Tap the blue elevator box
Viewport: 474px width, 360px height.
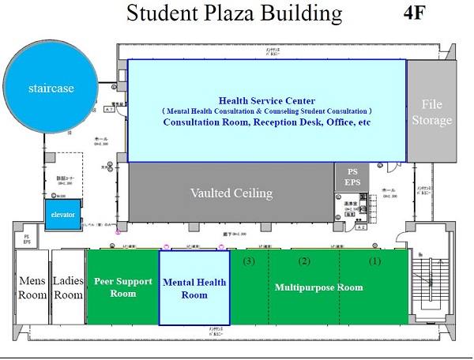click(x=62, y=214)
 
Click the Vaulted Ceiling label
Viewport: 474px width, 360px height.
click(x=231, y=193)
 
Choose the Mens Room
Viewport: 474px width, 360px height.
click(x=32, y=287)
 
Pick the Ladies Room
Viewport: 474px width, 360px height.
click(x=68, y=287)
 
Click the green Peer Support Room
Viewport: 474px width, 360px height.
click(x=122, y=287)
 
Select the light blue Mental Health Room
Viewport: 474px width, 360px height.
click(x=194, y=288)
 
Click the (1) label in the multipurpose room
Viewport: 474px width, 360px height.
click(x=375, y=261)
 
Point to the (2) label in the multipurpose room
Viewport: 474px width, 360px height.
click(x=303, y=261)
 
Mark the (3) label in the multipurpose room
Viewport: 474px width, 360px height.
click(x=249, y=261)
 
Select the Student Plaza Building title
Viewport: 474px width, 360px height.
click(x=235, y=14)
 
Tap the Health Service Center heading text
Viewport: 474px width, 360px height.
click(x=267, y=100)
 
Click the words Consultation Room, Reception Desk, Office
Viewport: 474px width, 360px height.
click(x=267, y=122)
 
